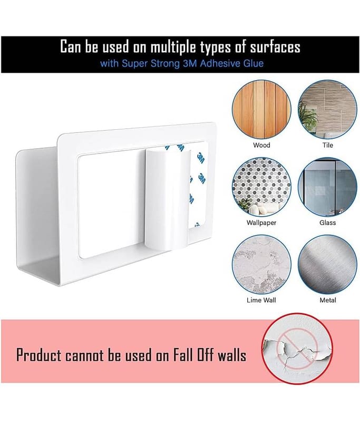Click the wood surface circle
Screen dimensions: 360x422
(x=261, y=110)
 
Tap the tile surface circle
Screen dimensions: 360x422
(x=327, y=110)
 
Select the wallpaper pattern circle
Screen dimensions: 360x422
(x=261, y=187)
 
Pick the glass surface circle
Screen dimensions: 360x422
(x=327, y=187)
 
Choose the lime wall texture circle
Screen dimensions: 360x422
(x=261, y=265)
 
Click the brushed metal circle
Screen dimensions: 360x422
(x=327, y=265)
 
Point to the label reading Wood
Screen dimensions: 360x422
(x=261, y=146)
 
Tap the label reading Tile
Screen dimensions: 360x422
(x=328, y=146)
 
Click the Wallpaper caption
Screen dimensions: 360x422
(x=261, y=223)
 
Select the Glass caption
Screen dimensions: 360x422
(x=328, y=223)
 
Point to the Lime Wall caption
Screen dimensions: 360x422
(x=261, y=300)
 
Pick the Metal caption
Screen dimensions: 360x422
(x=328, y=300)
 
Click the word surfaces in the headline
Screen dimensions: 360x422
(x=275, y=47)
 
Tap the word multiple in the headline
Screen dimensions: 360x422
(x=174, y=47)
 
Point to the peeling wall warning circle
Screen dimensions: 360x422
(x=297, y=349)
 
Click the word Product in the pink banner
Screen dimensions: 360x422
(x=39, y=355)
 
